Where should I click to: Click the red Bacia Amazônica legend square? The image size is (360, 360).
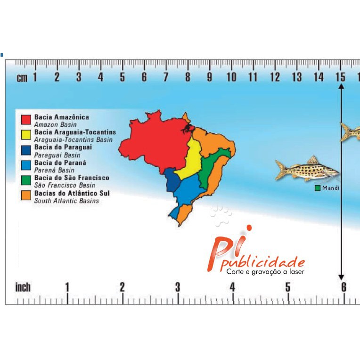[26, 119]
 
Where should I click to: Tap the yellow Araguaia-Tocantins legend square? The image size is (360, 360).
[26, 135]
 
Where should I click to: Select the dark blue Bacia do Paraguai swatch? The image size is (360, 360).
[26, 150]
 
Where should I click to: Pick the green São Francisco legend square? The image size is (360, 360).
[26, 180]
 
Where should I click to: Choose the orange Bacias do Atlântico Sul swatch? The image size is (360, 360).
[26, 196]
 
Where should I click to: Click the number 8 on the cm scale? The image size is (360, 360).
[188, 77]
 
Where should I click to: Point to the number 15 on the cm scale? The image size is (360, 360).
[340, 77]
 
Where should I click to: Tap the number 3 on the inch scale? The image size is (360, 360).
[177, 287]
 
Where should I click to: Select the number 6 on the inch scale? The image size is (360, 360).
[344, 287]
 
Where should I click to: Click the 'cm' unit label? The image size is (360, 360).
[22, 78]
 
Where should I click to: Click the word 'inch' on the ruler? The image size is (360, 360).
[23, 287]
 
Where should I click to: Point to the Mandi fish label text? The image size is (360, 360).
[331, 188]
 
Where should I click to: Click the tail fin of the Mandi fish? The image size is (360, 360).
[281, 170]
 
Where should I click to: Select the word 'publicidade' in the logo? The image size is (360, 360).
[262, 262]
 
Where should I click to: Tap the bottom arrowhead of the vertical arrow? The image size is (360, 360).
[341, 277]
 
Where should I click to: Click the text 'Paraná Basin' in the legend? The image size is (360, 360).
[54, 170]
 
